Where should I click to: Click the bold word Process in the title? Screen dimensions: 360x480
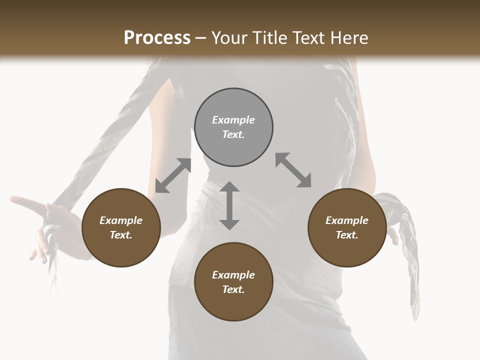click(157, 38)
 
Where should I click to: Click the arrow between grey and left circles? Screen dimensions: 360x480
click(173, 175)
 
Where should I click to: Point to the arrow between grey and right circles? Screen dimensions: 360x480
click(293, 170)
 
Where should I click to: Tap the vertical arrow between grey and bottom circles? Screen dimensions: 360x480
click(229, 205)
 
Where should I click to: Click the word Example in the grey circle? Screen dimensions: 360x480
click(233, 120)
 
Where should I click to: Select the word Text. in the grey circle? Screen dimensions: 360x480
click(233, 134)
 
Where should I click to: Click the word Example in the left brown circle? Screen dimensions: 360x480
click(121, 220)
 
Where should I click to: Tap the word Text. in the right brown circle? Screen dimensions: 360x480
click(347, 235)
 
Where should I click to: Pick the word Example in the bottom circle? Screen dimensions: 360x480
click(233, 275)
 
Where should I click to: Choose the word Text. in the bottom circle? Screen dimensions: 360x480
click(233, 289)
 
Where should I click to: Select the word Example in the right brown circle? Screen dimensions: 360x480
click(347, 220)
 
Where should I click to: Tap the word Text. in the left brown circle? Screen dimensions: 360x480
click(121, 235)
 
